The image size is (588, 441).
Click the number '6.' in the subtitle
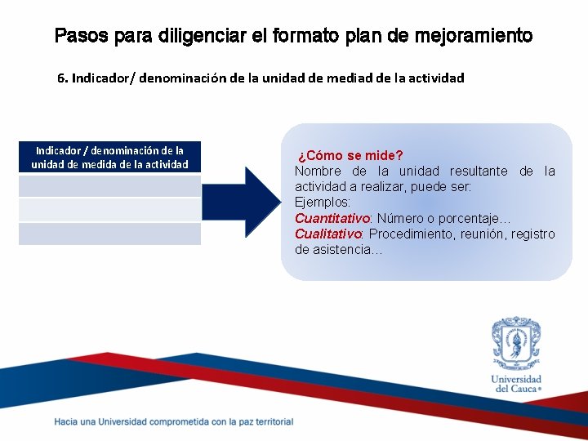pyautogui.click(x=63, y=78)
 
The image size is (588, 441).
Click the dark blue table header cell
pyautogui.click(x=109, y=157)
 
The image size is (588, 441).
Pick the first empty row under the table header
pyautogui.click(x=109, y=186)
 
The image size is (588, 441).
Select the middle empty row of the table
pyautogui.click(x=109, y=210)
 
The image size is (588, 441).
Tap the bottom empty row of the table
pyautogui.click(x=109, y=234)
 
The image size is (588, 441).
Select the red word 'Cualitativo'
pyautogui.click(x=328, y=234)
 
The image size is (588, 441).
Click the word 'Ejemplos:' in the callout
pyautogui.click(x=323, y=203)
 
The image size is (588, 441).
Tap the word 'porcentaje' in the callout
pyautogui.click(x=479, y=219)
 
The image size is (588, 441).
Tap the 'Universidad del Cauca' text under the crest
pyautogui.click(x=516, y=384)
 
